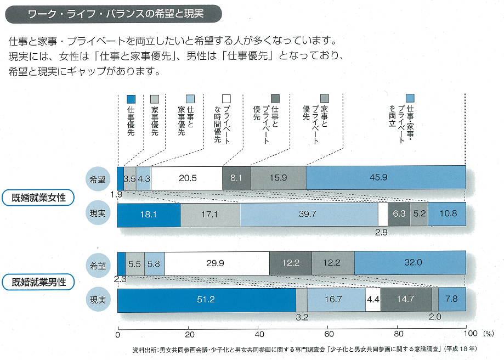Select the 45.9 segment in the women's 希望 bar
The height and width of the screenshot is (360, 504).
coord(386,178)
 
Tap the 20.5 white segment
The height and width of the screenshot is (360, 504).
coord(186,178)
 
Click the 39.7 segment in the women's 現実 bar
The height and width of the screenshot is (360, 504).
coord(309,215)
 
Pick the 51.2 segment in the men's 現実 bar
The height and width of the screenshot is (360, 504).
coord(206,300)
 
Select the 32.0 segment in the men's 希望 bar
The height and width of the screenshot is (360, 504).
coord(410,263)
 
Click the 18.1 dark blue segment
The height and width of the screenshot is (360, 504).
coord(149,215)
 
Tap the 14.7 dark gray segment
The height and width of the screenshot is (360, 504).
coord(406,300)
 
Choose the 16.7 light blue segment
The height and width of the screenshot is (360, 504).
coord(336,300)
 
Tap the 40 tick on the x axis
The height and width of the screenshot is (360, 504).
coord(258,333)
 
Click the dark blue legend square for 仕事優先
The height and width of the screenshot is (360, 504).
coord(131,99)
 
